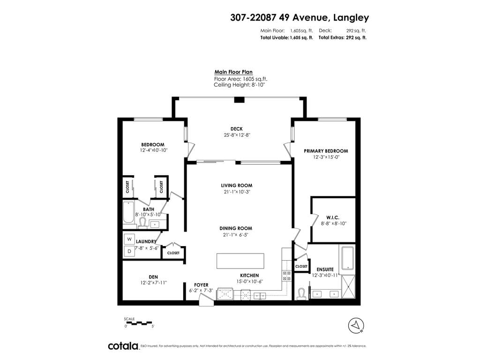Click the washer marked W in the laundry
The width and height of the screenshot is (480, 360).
pyautogui.click(x=129, y=239)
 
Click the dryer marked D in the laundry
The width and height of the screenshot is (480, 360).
pyautogui.click(x=129, y=251)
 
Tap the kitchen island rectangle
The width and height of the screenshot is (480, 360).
pyautogui.click(x=240, y=261)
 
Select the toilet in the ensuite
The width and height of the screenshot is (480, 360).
pyautogui.click(x=301, y=294)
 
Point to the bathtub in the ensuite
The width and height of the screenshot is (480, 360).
pyautogui.click(x=347, y=258)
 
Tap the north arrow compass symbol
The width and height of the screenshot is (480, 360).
pyautogui.click(x=356, y=325)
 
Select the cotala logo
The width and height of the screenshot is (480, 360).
pyautogui.click(x=123, y=346)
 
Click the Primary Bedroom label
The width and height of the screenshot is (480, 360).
pyautogui.click(x=326, y=151)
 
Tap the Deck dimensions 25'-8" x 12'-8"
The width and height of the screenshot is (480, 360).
pyautogui.click(x=237, y=135)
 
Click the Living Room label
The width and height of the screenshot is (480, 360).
pyautogui.click(x=237, y=185)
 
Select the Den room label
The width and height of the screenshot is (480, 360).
pyautogui.click(x=153, y=277)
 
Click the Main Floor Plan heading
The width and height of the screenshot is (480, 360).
pyautogui.click(x=233, y=72)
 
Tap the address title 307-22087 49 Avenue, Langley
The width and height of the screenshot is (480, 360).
pyautogui.click(x=300, y=17)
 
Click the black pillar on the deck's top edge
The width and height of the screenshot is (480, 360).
pyautogui.click(x=239, y=99)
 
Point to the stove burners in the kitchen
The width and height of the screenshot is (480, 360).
pyautogui.click(x=287, y=276)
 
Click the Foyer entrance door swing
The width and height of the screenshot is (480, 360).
pyautogui.click(x=206, y=299)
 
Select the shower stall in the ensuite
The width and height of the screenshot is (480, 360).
pyautogui.click(x=348, y=286)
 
